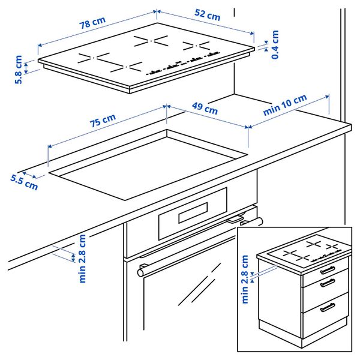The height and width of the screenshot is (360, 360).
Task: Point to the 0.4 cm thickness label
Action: (275, 45)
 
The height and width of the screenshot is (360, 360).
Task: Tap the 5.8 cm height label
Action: (19, 70)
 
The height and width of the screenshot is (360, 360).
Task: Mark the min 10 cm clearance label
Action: (285, 105)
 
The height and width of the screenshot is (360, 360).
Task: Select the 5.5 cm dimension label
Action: (23, 181)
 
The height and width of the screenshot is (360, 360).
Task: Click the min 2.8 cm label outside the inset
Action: (82, 258)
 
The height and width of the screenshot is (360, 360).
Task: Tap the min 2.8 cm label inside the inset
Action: (245, 279)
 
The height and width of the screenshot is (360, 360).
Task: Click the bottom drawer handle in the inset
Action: (328, 308)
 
